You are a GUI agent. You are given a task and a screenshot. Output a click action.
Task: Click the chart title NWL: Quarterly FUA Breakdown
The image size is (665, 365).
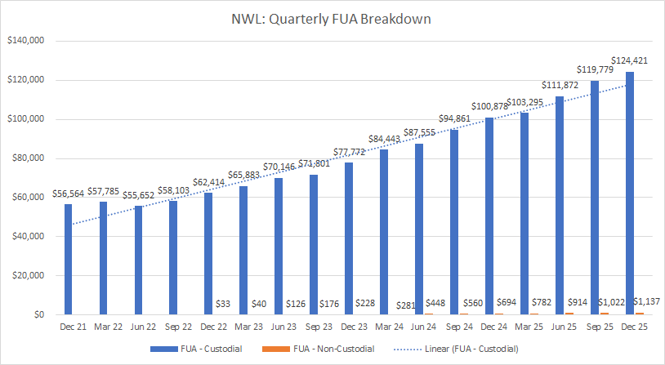coord(332,16)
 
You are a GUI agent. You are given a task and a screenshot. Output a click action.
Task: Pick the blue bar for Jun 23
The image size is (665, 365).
coord(278,246)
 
